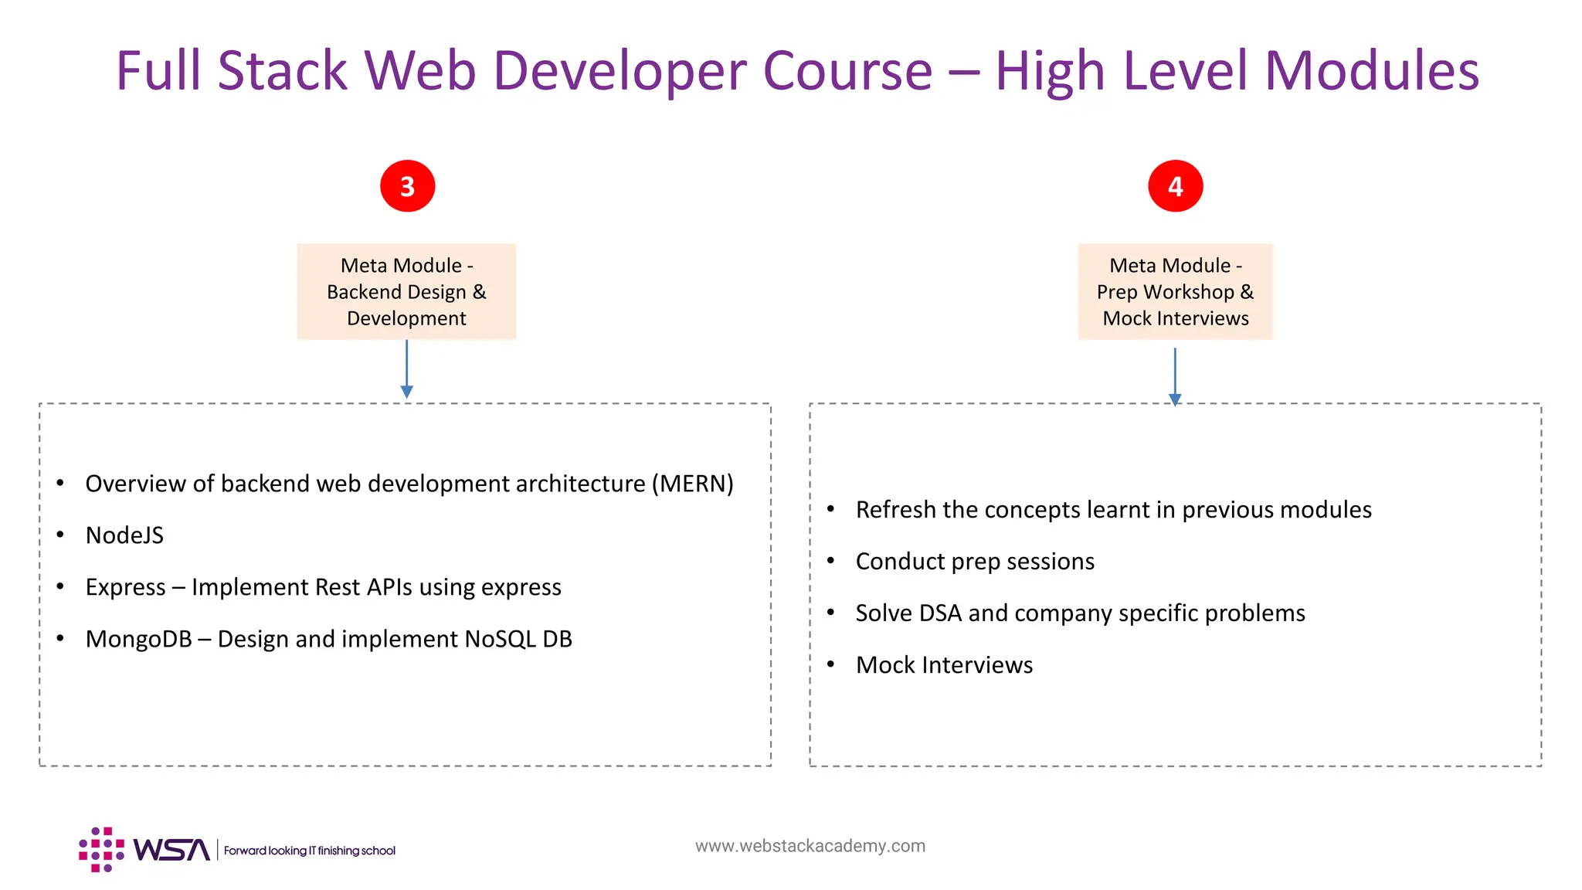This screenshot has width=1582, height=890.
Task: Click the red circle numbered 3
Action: [x=407, y=186]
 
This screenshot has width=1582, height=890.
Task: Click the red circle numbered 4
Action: [x=1175, y=186]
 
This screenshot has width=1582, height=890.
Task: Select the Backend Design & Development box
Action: [x=406, y=291]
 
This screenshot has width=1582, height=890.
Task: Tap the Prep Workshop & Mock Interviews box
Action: [x=1175, y=291]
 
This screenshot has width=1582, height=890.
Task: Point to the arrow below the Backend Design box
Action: [x=406, y=371]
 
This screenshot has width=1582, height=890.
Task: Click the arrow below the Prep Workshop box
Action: [x=1175, y=377]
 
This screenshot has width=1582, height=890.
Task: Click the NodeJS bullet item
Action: [x=124, y=535]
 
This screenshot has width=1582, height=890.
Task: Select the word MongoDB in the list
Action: [x=138, y=639]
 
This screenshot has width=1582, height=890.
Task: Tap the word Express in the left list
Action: [x=125, y=587]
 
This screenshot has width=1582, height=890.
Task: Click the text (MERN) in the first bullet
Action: [x=692, y=484]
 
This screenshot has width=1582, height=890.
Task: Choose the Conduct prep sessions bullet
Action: [x=975, y=562]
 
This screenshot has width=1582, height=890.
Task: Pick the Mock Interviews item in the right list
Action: [x=944, y=665]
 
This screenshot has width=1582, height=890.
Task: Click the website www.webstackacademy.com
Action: [x=810, y=846]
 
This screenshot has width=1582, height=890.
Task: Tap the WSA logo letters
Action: [x=171, y=850]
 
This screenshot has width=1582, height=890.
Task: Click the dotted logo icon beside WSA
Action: [x=101, y=850]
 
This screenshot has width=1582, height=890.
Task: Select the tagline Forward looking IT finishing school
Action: [x=309, y=851]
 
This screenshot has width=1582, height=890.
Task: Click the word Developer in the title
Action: [x=620, y=71]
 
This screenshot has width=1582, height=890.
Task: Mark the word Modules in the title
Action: [x=1371, y=71]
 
